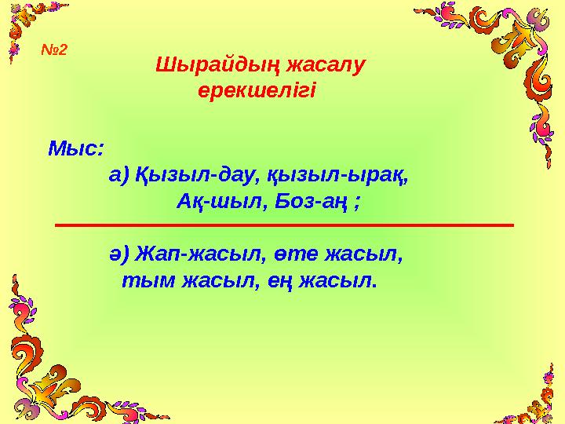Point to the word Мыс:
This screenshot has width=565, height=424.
(x=78, y=148)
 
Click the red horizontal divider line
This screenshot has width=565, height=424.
(x=284, y=225)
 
